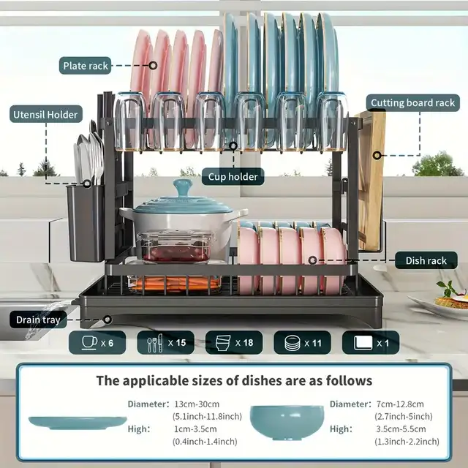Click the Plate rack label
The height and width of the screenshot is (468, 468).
pyautogui.click(x=86, y=66)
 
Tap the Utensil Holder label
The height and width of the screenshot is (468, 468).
pyautogui.click(x=45, y=114)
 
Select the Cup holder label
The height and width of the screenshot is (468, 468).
pyautogui.click(x=233, y=177)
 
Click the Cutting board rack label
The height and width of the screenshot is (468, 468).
pyautogui.click(x=412, y=103)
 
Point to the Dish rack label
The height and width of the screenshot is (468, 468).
pyautogui.click(x=426, y=260)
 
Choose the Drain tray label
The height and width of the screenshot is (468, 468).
pyautogui.click(x=38, y=320)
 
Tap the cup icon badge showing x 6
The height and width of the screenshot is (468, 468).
pyautogui.click(x=97, y=343)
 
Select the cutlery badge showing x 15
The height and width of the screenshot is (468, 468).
pyautogui.click(x=166, y=343)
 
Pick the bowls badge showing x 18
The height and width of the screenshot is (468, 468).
pyautogui.click(x=234, y=343)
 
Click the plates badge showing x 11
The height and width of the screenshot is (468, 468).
pyautogui.click(x=302, y=343)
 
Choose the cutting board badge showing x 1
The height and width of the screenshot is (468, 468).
pyautogui.click(x=371, y=343)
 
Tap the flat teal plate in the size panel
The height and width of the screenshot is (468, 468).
pyautogui.click(x=78, y=423)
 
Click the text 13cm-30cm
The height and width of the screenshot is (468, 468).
pyautogui.click(x=197, y=404)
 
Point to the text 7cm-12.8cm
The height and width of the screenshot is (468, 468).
pyautogui.click(x=400, y=404)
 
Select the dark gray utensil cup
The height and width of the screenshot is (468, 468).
pyautogui.click(x=86, y=223)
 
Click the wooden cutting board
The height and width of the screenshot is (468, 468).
pyautogui.click(x=370, y=179)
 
